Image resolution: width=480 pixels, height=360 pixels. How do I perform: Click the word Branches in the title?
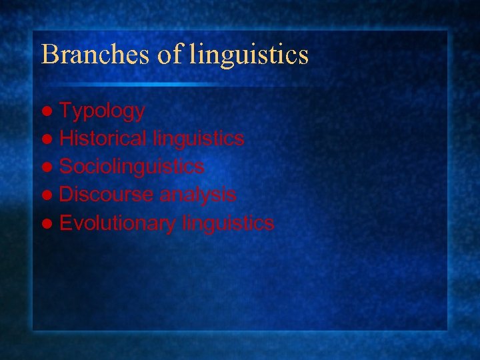[x=96, y=55]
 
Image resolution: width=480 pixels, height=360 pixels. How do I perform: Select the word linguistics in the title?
[x=249, y=55]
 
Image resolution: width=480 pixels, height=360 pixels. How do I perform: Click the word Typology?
[x=102, y=111]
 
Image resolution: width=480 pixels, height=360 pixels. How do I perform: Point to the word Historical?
[x=103, y=139]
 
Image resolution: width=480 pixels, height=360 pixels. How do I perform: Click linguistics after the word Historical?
[x=198, y=139]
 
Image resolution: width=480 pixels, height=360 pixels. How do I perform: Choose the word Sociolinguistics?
[x=131, y=166]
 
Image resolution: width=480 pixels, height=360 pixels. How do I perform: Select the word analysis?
[x=197, y=194]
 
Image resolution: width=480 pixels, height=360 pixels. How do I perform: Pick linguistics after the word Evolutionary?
[x=227, y=223]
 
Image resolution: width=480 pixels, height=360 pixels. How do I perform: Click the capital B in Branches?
[x=48, y=55]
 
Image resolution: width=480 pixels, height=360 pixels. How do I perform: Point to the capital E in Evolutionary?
[x=65, y=223]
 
